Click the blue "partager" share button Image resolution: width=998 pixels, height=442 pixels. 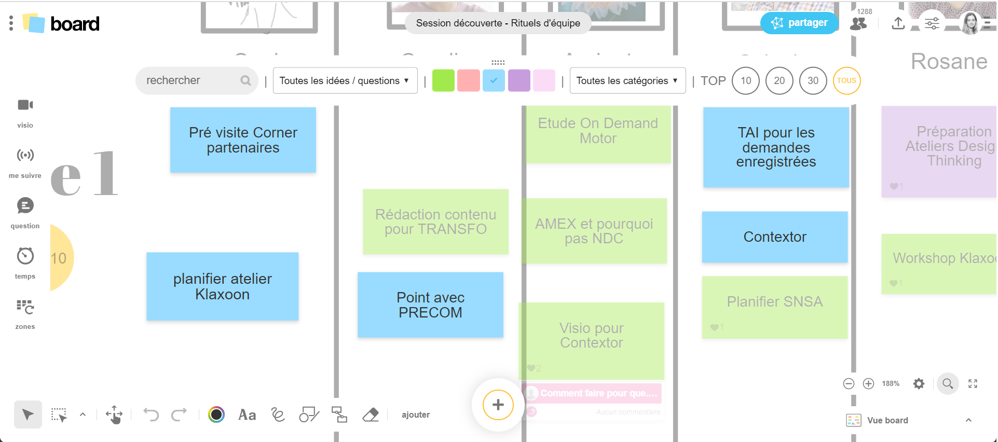[x=799, y=23]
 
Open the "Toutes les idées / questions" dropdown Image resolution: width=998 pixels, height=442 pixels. [x=345, y=80]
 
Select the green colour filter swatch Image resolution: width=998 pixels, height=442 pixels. [x=443, y=80]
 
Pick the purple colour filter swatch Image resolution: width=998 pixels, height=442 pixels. [x=519, y=80]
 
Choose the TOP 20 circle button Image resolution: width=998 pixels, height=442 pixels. [x=779, y=80]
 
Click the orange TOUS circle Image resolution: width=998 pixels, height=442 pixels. [x=846, y=80]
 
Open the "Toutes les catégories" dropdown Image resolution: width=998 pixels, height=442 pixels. [x=627, y=80]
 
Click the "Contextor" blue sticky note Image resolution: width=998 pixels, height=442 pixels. [x=774, y=237]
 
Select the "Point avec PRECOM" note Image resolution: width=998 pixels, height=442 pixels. [x=430, y=305]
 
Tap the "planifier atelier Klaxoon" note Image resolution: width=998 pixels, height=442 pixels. [x=222, y=286]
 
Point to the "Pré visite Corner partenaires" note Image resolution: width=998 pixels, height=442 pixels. [x=243, y=140]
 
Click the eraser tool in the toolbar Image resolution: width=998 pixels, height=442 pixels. [x=371, y=415]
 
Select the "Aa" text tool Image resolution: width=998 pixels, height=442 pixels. [x=247, y=415]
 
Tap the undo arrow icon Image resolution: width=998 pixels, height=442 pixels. [x=151, y=415]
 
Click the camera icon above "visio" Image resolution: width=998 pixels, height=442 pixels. [x=25, y=105]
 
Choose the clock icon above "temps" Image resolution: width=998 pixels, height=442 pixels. [x=25, y=256]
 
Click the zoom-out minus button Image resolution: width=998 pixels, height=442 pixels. [x=849, y=383]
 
